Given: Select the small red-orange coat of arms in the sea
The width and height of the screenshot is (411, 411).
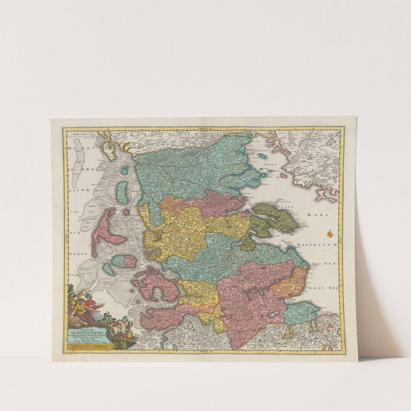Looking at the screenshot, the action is tap(330, 234).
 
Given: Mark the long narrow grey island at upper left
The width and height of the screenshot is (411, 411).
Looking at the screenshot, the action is tap(77, 167).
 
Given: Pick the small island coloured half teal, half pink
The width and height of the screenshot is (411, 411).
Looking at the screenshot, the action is tap(124, 261).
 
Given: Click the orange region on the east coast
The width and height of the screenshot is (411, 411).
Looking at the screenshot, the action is tap(289, 281).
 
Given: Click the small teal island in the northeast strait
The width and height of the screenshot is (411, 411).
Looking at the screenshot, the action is tap(262, 157).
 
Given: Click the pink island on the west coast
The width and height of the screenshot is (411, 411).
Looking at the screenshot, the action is tap(103, 229).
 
